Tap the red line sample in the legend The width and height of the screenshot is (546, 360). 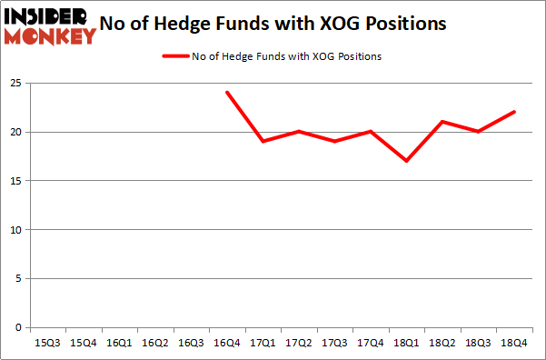175,56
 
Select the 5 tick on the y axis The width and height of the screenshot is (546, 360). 16,278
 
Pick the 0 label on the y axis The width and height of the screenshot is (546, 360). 16,327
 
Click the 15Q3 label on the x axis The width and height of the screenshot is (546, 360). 48,344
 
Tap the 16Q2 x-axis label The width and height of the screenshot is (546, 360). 154,344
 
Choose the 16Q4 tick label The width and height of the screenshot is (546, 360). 226,344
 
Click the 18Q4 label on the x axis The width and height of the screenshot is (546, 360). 514,344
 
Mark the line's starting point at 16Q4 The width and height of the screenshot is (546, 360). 226,93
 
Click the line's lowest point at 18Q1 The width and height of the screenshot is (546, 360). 406,161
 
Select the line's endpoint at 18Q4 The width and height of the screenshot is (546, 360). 514,113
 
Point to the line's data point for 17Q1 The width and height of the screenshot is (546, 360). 263,141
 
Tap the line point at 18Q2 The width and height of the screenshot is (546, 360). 442,122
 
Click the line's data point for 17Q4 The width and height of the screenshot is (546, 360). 370,132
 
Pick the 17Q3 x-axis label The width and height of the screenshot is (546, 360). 334,344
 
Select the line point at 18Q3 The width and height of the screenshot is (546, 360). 478,132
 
